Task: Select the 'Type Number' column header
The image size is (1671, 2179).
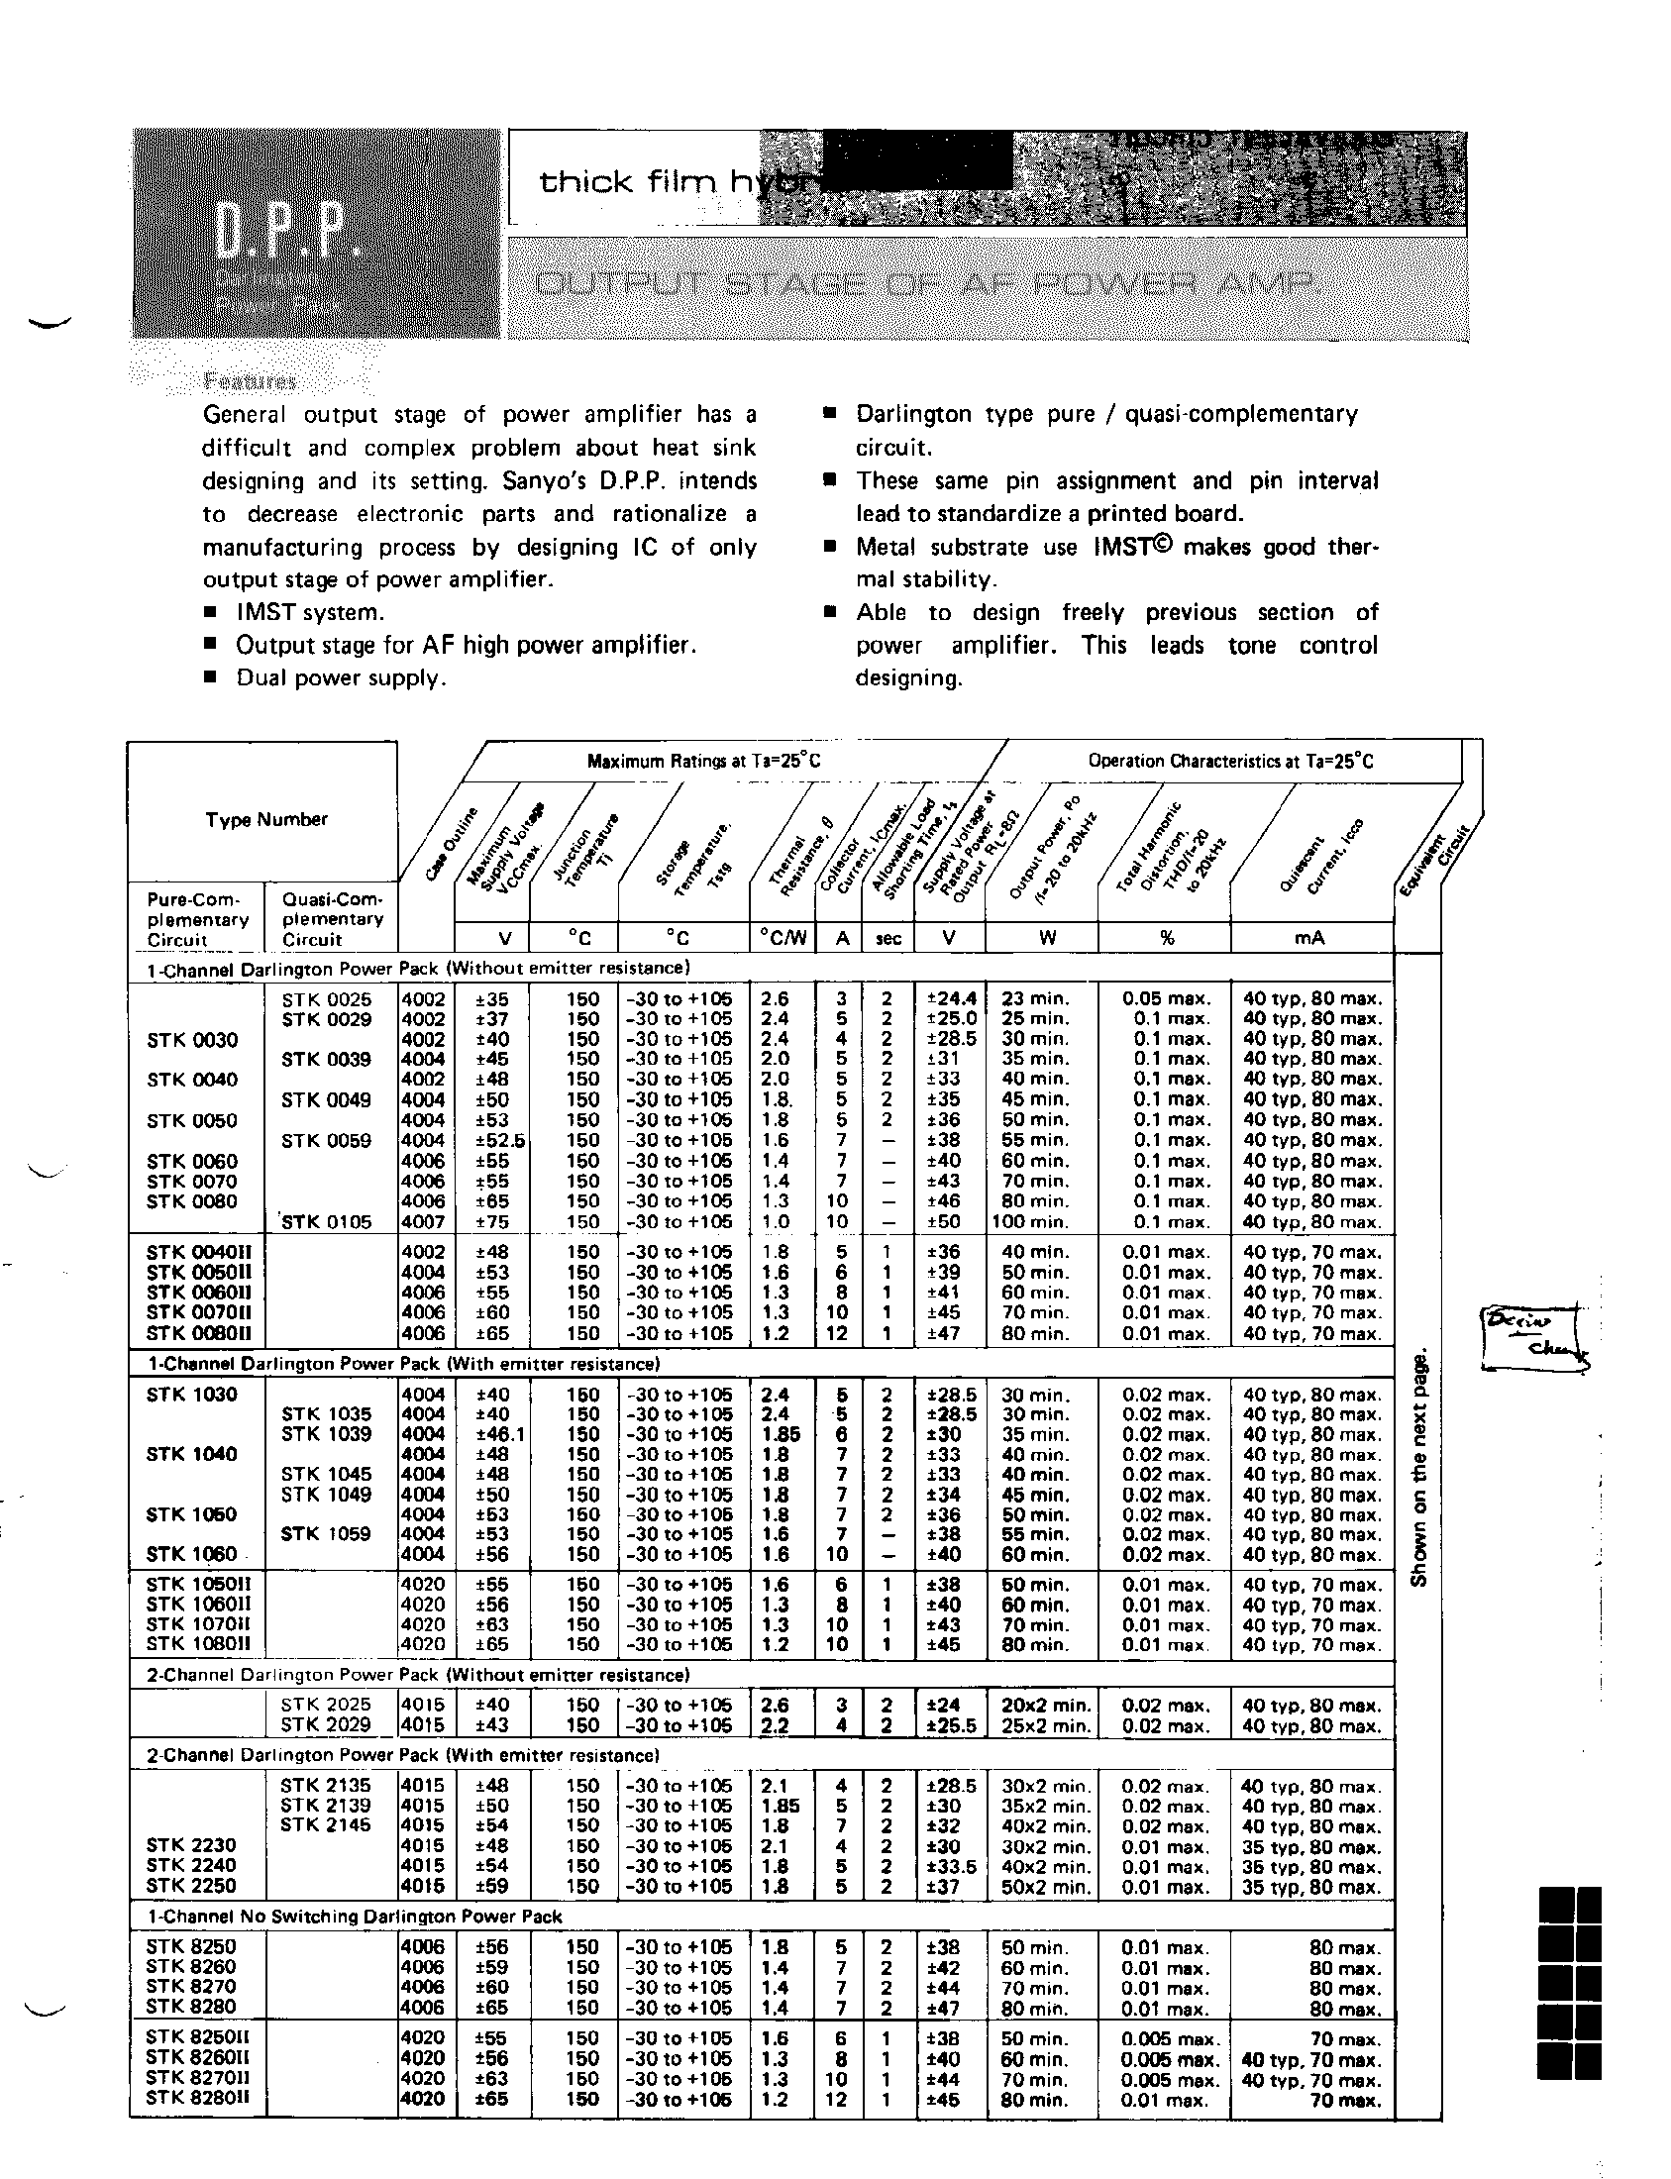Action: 265,819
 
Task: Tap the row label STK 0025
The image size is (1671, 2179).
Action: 326,998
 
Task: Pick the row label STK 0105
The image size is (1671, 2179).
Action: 326,1221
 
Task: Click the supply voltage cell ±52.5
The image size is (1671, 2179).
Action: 493,1140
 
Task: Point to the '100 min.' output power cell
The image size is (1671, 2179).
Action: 1031,1221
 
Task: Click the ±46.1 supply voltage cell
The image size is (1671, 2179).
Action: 493,1434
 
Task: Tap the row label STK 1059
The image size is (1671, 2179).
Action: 326,1533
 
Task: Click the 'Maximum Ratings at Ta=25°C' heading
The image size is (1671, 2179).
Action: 704,762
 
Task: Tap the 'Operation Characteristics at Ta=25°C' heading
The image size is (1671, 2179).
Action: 1230,762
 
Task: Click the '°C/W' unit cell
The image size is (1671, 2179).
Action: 783,938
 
